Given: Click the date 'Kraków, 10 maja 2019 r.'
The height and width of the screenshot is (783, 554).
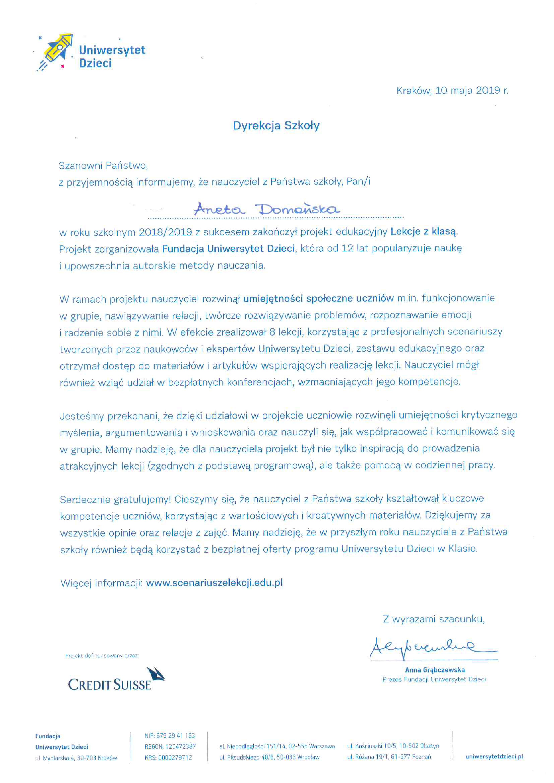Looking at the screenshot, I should click(452, 91).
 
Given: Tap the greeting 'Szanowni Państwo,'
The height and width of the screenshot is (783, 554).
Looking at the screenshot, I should click(103, 166).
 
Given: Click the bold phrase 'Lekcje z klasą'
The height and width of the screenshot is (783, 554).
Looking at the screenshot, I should click(423, 232).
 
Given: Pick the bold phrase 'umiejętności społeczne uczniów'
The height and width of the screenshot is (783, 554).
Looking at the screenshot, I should click(319, 299).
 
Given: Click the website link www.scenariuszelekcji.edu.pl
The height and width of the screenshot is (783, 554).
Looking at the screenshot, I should click(214, 583).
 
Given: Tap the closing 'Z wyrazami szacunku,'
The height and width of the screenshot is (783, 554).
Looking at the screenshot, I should click(434, 619).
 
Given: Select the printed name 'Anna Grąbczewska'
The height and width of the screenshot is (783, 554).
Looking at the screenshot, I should click(435, 670).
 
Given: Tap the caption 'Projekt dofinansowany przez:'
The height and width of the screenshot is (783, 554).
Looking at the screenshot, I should click(102, 656).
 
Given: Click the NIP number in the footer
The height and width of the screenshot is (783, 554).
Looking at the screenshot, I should click(170, 736).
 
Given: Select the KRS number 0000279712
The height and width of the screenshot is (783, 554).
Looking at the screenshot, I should click(168, 757).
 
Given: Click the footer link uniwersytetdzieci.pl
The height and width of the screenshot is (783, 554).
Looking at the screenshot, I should click(494, 756).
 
